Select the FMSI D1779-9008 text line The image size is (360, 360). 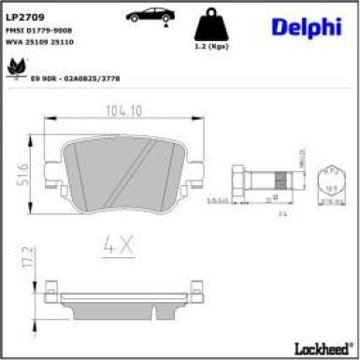[x=39, y=30]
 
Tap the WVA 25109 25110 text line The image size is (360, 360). [x=39, y=41]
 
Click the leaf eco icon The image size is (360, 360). [x=16, y=67]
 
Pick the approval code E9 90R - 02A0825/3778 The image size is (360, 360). [x=75, y=79]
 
